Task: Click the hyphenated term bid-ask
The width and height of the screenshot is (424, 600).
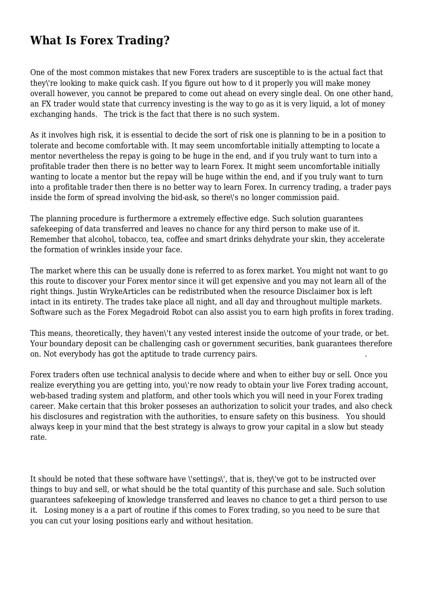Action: tap(184, 198)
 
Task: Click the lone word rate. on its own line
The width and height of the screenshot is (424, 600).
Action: tap(38, 438)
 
